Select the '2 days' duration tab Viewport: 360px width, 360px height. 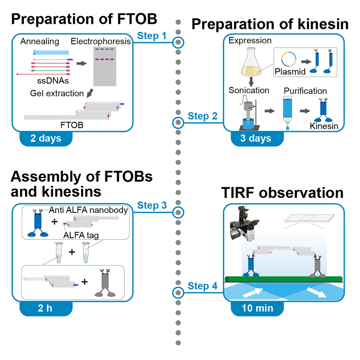pyautogui.click(x=46, y=138)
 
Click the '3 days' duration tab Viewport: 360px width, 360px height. pyautogui.click(x=257, y=138)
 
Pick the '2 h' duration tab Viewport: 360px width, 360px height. pyautogui.click(x=46, y=308)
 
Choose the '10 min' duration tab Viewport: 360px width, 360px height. pyautogui.click(x=257, y=308)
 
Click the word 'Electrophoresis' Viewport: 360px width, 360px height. pyautogui.click(x=101, y=41)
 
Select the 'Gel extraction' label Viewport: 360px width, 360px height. pyautogui.click(x=57, y=94)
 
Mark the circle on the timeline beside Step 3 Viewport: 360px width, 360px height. pyautogui.click(x=178, y=212)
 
